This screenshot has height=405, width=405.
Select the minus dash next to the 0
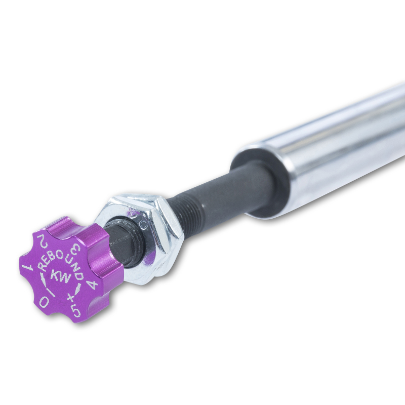[52, 290]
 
